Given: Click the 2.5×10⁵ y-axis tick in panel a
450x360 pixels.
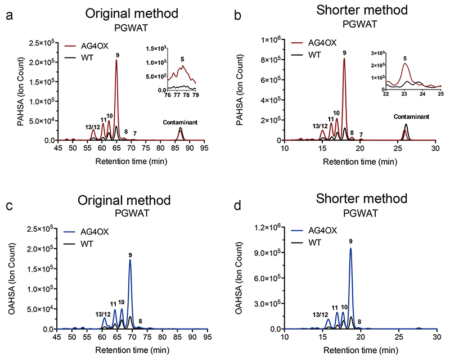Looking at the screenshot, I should (45, 43).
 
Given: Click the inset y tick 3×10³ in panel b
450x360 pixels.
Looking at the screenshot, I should (377, 52).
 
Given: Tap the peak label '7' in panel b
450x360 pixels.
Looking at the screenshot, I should (361, 134).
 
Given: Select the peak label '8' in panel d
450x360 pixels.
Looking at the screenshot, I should (359, 322).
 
